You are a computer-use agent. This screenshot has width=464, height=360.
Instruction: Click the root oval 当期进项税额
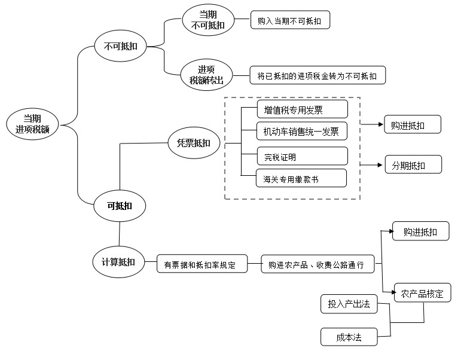click(x=32, y=124)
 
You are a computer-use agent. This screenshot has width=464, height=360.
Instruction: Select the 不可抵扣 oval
click(x=121, y=46)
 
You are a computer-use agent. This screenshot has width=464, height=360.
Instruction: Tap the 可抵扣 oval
click(x=120, y=206)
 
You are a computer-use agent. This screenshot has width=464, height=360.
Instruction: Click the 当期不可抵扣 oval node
click(x=207, y=19)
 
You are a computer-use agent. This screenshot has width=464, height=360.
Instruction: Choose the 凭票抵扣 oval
click(x=193, y=143)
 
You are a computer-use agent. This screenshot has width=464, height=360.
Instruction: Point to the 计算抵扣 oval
click(x=118, y=262)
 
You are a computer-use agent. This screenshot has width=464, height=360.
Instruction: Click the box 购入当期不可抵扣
click(x=289, y=20)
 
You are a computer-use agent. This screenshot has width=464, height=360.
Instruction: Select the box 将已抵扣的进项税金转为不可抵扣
click(x=318, y=76)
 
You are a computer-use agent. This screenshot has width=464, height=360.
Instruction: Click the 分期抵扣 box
click(x=413, y=165)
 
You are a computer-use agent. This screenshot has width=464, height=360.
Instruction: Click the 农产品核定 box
click(x=422, y=294)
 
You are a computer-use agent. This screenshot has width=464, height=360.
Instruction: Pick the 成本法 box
click(x=349, y=337)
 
